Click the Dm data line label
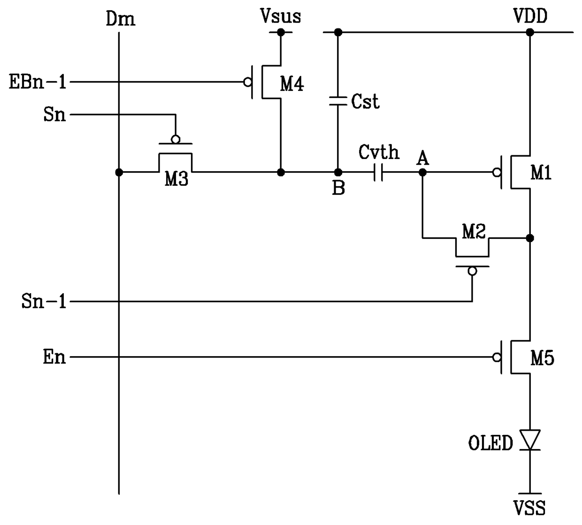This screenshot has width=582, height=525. [x=121, y=19]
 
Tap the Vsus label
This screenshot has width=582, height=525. [x=281, y=15]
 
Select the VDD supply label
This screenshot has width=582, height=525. [x=530, y=15]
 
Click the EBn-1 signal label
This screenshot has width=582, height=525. [x=38, y=82]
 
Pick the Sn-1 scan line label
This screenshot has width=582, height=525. [x=44, y=301]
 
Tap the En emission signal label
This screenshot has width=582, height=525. [x=54, y=357]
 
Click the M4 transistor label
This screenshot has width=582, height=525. [x=292, y=84]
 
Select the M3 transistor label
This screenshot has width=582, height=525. [x=176, y=178]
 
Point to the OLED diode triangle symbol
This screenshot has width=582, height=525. [x=530, y=440]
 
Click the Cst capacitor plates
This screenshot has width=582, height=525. [x=338, y=101]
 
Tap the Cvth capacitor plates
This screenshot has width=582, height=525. [x=378, y=172]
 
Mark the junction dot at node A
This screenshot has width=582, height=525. [x=422, y=172]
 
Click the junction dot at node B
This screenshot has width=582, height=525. [x=338, y=172]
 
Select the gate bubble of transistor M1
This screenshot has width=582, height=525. [x=497, y=173]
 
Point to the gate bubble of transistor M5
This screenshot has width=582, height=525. [x=497, y=358]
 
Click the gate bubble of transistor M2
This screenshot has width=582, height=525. [x=472, y=271]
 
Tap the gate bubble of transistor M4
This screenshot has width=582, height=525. [x=248, y=82]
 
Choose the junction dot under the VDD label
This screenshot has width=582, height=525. [x=530, y=32]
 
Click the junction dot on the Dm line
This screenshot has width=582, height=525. [x=119, y=172]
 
